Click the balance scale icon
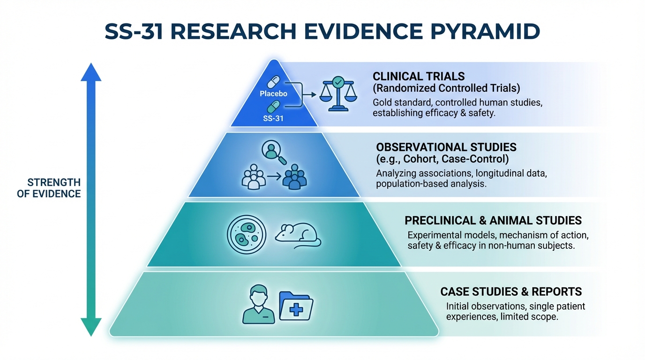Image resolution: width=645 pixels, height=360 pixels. pos(338,94)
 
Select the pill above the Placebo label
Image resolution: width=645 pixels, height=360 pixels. pos(273,82)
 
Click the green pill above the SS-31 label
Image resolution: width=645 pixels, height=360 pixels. pos(273,107)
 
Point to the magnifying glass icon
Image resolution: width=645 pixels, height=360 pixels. pos(274,152)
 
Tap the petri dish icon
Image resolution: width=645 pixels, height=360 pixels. pos(247,234)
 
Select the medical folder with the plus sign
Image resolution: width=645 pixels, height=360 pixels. pos(296,306)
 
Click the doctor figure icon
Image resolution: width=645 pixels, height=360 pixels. pos(258,304)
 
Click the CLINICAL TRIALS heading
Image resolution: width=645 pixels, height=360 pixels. pos(419,76)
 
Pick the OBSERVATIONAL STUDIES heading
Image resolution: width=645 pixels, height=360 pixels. pos(446,147)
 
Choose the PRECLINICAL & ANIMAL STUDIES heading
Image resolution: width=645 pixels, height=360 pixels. pos(493,221)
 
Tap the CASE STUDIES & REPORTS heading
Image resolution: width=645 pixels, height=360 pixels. pos(511,292)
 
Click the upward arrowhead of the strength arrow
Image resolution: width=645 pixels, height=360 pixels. pos(91,72)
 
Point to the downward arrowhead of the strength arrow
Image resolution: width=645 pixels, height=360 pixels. pos(91,327)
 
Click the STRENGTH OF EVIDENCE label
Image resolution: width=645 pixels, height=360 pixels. pos(49,188)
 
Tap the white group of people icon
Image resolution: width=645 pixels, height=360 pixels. pos(254,177)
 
